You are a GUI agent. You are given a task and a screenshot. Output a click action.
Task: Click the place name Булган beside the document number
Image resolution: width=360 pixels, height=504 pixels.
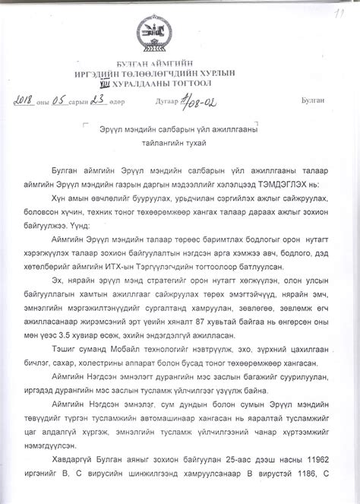coord(312,100)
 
